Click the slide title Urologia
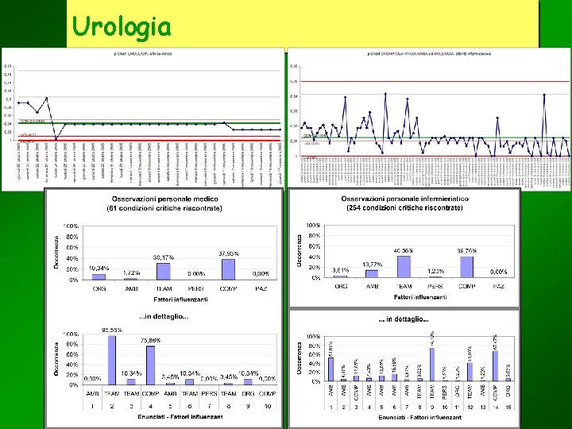point(121,26)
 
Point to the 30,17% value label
point(163,257)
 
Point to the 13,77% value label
point(371,264)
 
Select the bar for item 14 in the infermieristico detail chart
point(495,365)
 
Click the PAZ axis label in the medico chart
point(261,288)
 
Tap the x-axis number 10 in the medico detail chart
point(268,405)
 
